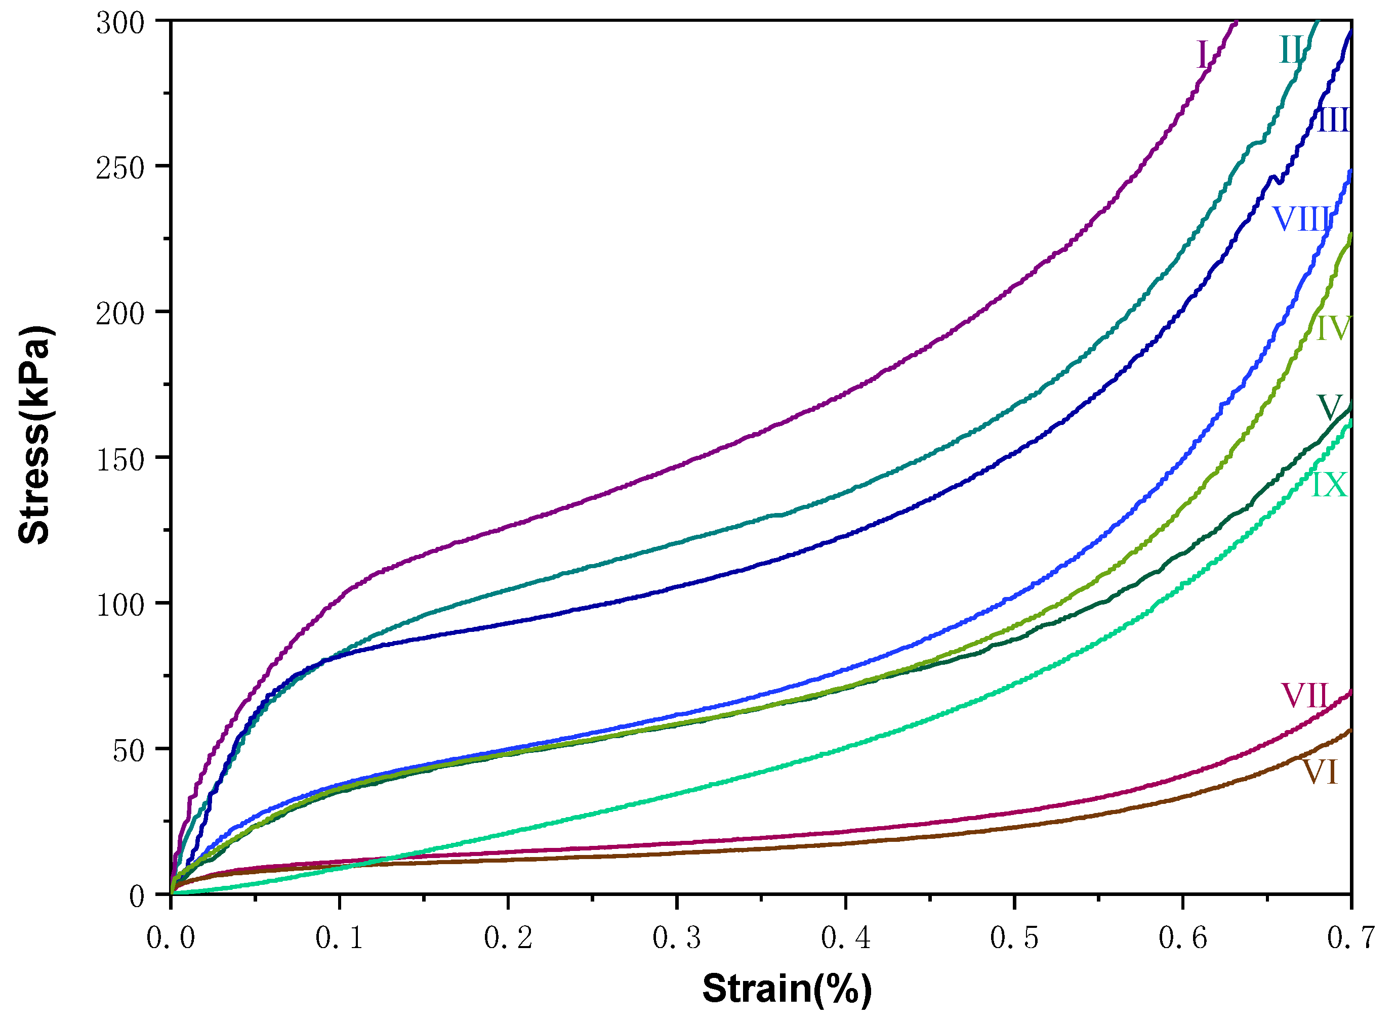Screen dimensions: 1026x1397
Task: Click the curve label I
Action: point(1203,55)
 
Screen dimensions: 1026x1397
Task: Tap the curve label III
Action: point(1334,120)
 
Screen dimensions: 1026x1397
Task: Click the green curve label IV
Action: point(1334,328)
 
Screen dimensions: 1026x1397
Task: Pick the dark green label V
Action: point(1329,408)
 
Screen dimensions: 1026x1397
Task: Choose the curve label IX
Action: point(1329,485)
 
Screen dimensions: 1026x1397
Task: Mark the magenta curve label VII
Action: point(1305,696)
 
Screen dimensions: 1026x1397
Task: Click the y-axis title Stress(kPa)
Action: point(34,435)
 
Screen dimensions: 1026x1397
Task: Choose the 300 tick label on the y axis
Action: point(120,24)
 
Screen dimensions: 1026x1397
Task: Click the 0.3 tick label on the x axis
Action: point(677,937)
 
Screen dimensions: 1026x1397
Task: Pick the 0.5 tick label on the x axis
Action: point(1014,937)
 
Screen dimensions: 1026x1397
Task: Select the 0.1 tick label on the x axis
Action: point(339,937)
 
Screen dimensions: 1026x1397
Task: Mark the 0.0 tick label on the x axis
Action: point(171,937)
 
